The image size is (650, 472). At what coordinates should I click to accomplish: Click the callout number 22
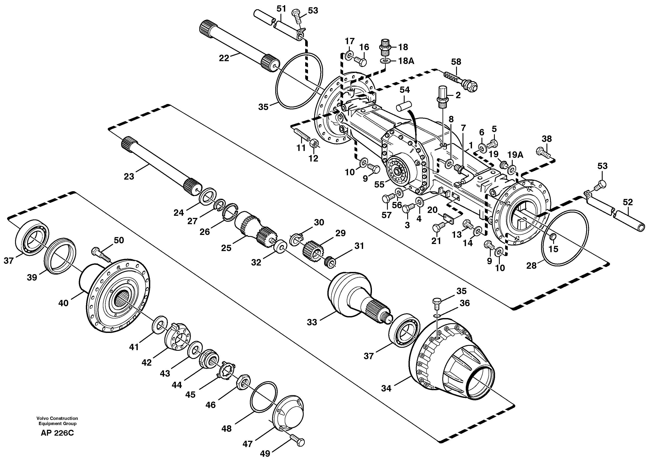pos(224,58)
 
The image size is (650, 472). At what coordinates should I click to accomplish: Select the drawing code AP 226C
pos(57,433)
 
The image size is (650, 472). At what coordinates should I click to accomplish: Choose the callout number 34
pos(386,388)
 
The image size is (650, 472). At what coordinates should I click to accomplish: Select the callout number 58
pos(456,62)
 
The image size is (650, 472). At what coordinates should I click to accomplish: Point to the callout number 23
pos(129,176)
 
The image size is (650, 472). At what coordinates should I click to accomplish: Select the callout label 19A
pos(515,155)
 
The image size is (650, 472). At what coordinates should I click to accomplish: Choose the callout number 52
pos(627,202)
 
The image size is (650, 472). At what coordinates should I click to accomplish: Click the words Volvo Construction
pos(57,418)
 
